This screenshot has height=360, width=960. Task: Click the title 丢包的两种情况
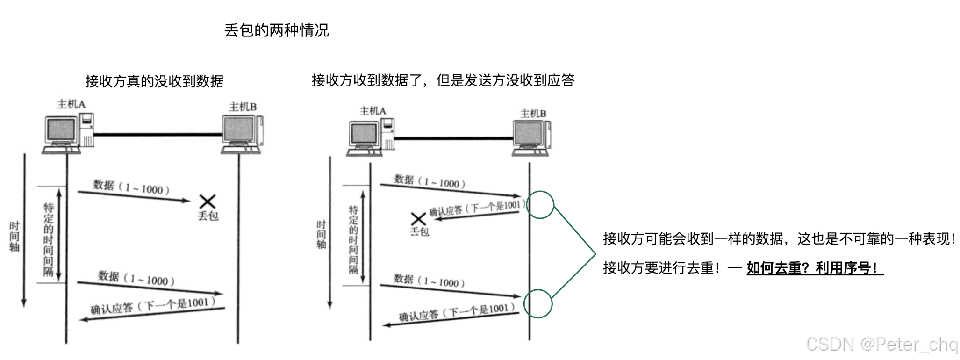pyautogui.click(x=276, y=30)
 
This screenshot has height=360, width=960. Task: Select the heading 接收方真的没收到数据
pyautogui.click(x=154, y=81)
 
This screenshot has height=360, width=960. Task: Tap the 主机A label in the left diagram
pyautogui.click(x=71, y=104)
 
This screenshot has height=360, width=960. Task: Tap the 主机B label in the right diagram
pyautogui.click(x=533, y=114)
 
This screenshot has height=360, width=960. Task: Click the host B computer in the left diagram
pyautogui.click(x=242, y=134)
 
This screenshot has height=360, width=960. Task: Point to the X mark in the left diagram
pyautogui.click(x=207, y=202)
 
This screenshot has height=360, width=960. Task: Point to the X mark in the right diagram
pyautogui.click(x=418, y=219)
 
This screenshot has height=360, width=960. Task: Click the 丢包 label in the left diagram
pyautogui.click(x=208, y=216)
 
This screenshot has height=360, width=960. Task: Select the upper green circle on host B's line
pyautogui.click(x=540, y=205)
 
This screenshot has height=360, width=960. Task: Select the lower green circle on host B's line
pyautogui.click(x=538, y=304)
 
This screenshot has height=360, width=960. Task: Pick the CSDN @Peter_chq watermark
pyautogui.click(x=881, y=345)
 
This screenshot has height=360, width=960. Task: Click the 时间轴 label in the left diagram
pyautogui.click(x=14, y=237)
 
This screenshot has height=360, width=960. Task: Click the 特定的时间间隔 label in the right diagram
pyautogui.click(x=353, y=239)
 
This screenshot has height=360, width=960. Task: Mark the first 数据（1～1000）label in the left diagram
pyautogui.click(x=131, y=187)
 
